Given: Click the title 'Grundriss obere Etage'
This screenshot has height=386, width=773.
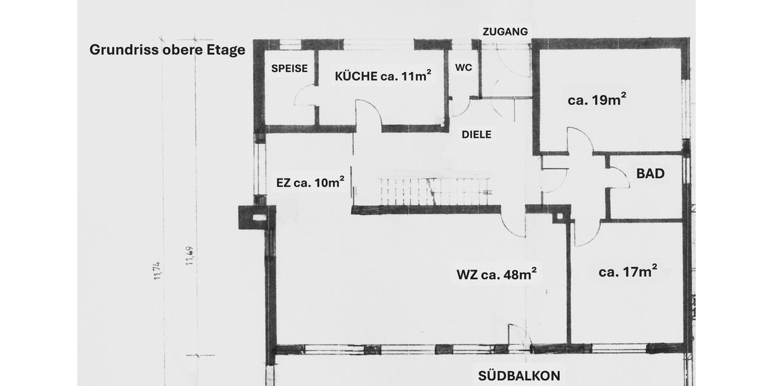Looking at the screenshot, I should pos(167,50).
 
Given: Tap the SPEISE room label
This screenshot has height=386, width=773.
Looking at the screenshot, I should pos(289,68).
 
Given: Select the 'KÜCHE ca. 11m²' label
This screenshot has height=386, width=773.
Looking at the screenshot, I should pos(383,76).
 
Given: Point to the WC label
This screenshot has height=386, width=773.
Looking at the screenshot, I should pos(463,67).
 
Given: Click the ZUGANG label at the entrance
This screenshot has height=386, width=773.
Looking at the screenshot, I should pos(506,31).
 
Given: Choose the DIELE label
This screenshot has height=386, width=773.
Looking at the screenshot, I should pos(477,134).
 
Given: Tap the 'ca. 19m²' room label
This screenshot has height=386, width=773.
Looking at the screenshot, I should pos(597,100).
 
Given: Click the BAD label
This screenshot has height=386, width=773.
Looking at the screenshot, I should pos(650,173).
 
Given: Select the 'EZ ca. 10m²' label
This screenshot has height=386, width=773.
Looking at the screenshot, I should pos(310,182).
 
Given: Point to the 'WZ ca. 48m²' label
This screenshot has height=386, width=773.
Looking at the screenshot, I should pos(497,275).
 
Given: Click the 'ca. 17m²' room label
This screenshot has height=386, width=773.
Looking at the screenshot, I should pos(627,271).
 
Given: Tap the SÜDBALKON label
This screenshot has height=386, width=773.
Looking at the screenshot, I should pos(519,376).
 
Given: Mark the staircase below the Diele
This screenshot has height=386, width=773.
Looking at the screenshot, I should pos(432,191).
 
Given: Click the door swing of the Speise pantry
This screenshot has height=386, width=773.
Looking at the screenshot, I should pos(304,96).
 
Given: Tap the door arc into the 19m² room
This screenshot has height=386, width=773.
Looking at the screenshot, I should pos(580,141).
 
